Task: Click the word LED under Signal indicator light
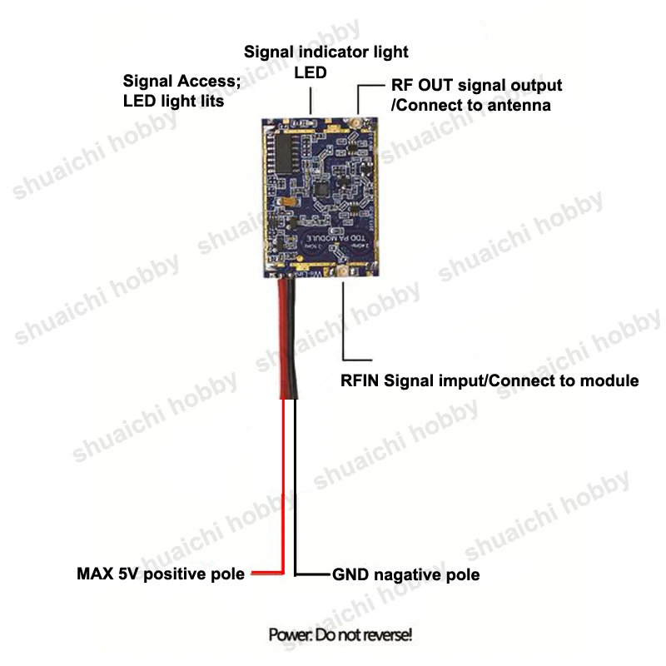310,72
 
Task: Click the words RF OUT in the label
422,86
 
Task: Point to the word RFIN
361,380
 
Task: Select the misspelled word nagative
407,574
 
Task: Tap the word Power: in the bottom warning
290,635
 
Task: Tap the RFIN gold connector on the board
342,274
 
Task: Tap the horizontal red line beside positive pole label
265,574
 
